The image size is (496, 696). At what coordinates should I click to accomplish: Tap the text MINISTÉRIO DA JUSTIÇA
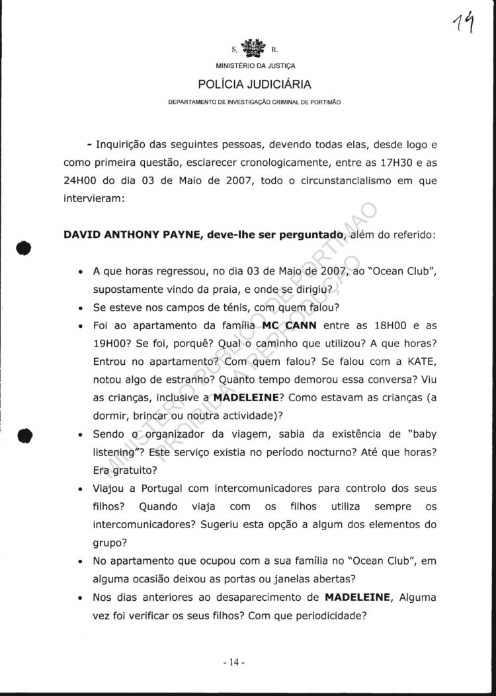click(255, 66)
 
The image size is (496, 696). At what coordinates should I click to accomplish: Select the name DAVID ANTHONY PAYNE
click(123, 235)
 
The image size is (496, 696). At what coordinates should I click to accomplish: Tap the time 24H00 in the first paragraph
click(85, 180)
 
